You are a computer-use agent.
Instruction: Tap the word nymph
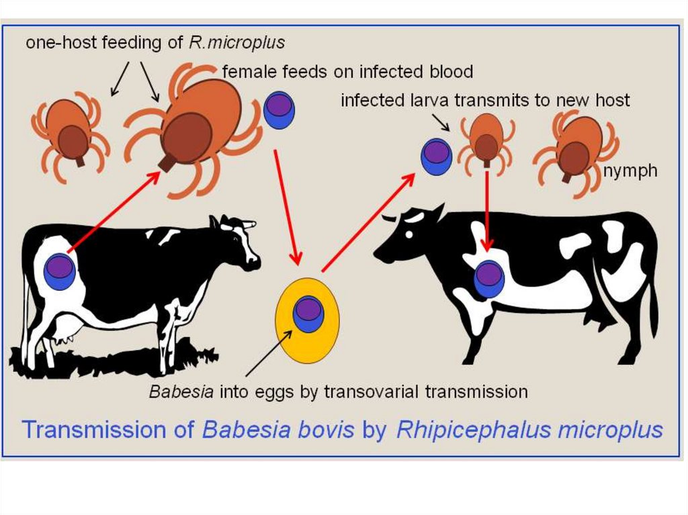tap(630, 171)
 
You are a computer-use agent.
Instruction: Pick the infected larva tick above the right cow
tap(486, 142)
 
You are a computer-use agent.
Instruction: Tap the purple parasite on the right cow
tap(489, 279)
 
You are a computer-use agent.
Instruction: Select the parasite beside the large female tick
tap(279, 110)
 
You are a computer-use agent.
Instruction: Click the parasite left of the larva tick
tap(435, 155)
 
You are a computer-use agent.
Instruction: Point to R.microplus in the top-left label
tap(248, 42)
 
